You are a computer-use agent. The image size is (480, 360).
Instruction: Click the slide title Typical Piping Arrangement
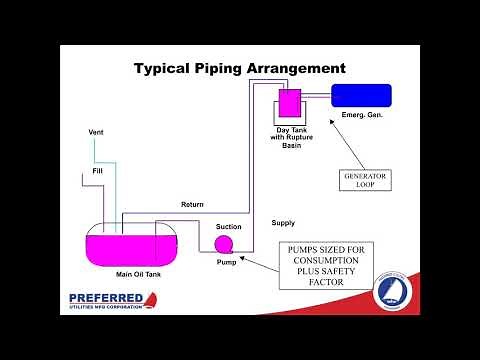(x=240, y=69)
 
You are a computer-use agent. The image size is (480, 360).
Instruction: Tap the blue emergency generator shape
(x=362, y=96)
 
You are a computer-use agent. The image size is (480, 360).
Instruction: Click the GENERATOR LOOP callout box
(x=364, y=180)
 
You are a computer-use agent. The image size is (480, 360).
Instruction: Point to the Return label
(x=192, y=205)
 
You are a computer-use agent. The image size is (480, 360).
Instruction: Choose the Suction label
(x=229, y=227)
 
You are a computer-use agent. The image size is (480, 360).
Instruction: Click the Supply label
(x=283, y=222)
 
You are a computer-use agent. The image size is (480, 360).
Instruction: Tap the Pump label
(x=226, y=262)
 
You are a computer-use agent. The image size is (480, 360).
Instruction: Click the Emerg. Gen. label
(x=362, y=116)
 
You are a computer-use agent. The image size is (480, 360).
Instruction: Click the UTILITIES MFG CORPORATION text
(x=110, y=309)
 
